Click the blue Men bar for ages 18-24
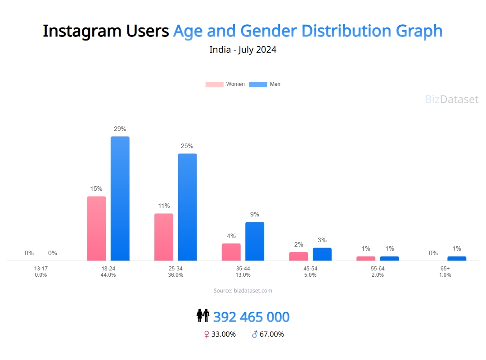tap(120, 198)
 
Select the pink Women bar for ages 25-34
tap(164, 237)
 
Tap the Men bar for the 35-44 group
tap(255, 241)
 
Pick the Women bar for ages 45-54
tap(298, 256)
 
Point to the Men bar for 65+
tap(457, 258)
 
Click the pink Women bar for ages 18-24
tap(96, 228)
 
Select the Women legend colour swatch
tap(214, 84)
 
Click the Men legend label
tap(275, 84)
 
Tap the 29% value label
tap(120, 129)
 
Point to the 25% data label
tap(187, 146)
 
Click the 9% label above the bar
tap(255, 214)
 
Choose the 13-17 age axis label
tap(40, 269)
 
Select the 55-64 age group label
tap(378, 269)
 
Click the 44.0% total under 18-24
tap(108, 275)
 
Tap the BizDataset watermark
tap(452, 99)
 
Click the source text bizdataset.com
tap(243, 291)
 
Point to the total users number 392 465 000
tap(251, 317)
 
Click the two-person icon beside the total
tap(203, 316)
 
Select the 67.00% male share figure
tap(272, 334)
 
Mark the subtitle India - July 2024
tap(243, 49)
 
